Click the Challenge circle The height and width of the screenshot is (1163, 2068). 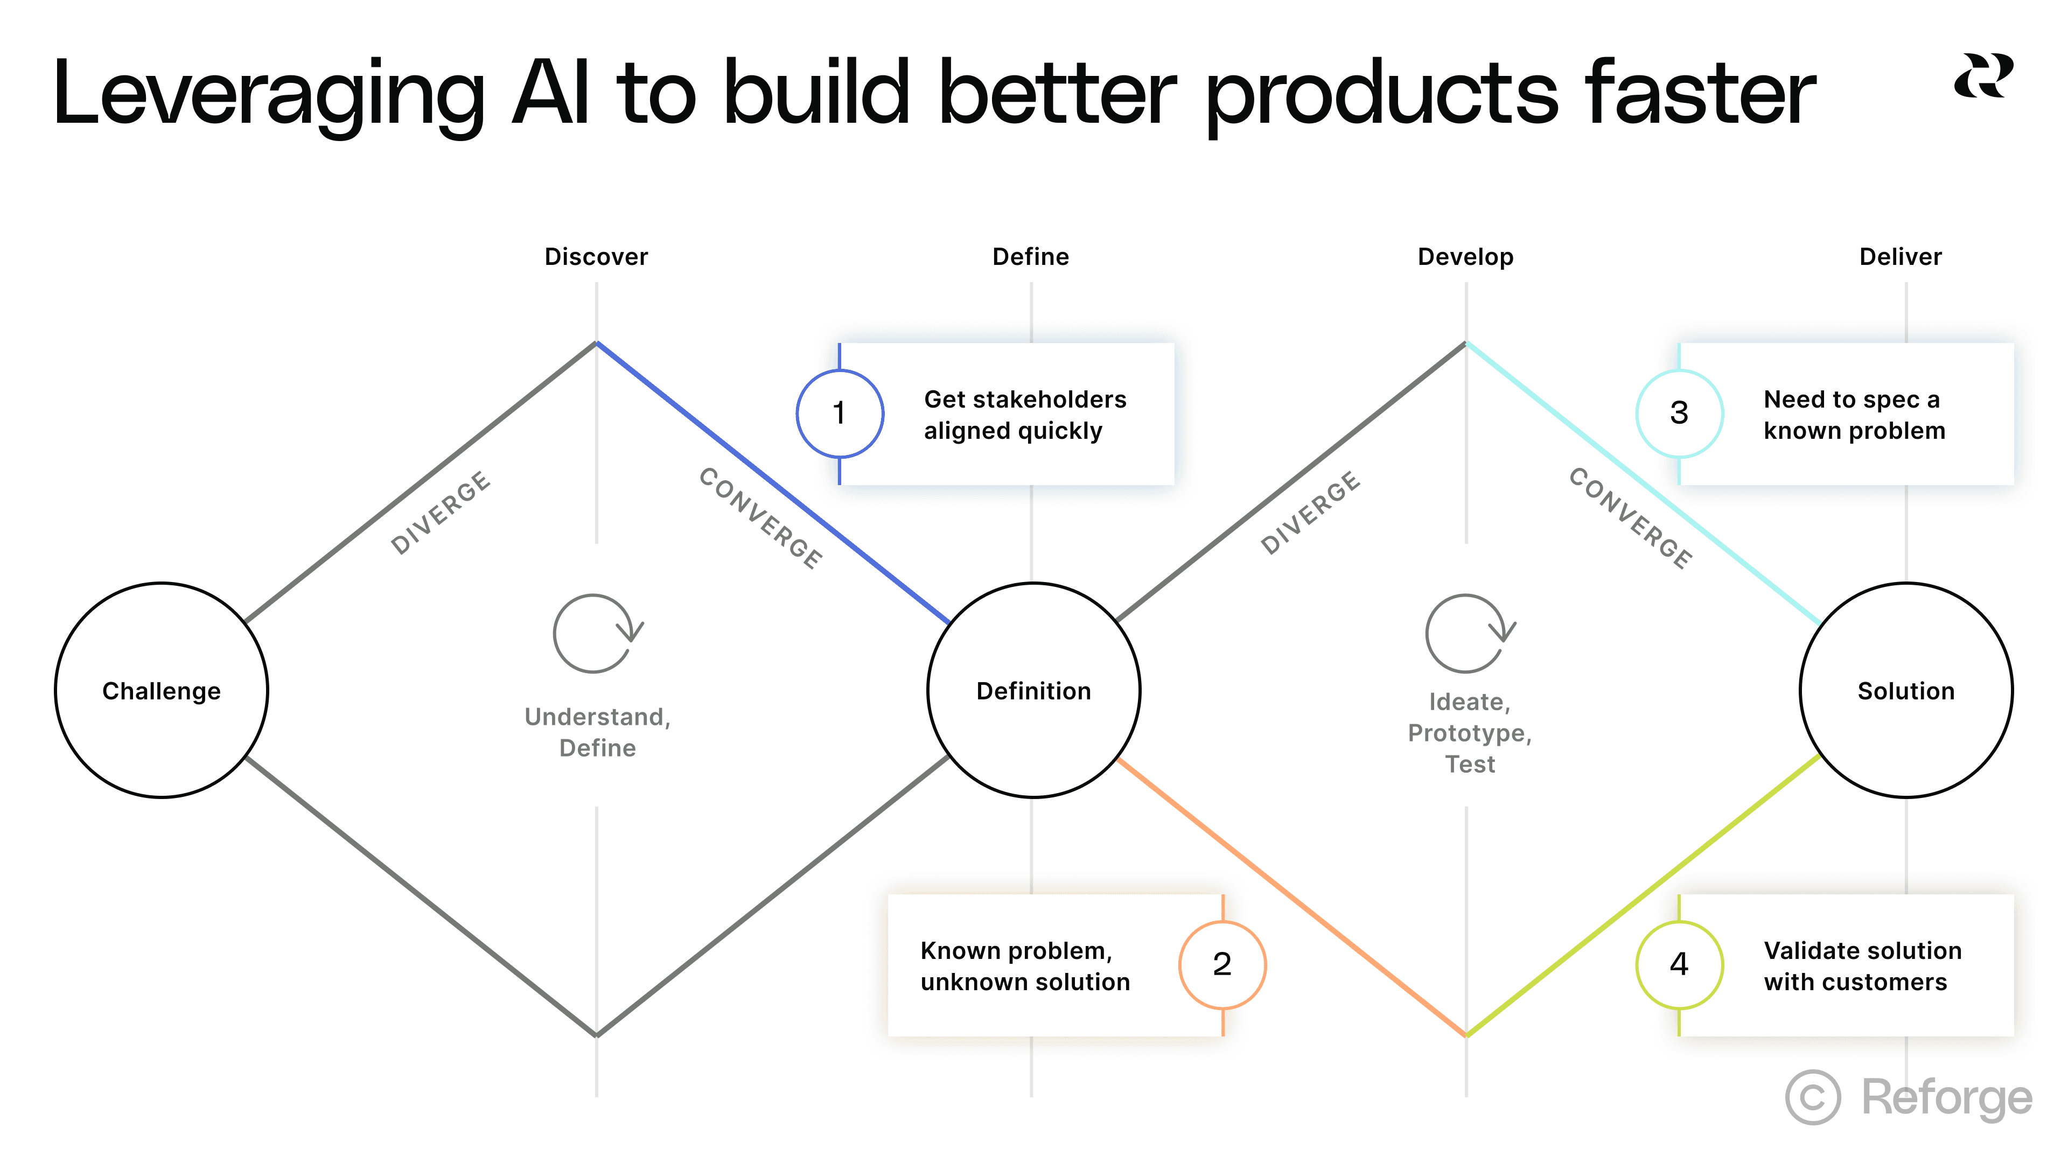pos(162,690)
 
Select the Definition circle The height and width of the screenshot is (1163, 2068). pos(1033,690)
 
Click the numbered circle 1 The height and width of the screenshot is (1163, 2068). pos(840,414)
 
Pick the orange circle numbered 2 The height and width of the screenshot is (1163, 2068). pos(1222,964)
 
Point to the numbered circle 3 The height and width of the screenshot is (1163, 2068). pos(1679,414)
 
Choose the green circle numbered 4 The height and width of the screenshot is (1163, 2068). pos(1679,964)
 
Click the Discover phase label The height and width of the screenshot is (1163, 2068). pos(596,257)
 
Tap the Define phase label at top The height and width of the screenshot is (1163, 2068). pos(1031,257)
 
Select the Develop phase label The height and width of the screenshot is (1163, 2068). pos(1465,257)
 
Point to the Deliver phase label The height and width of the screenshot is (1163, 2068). pos(1900,257)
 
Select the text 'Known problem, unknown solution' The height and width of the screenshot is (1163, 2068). pos(1024,966)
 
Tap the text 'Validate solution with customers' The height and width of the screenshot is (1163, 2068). pos(1862,966)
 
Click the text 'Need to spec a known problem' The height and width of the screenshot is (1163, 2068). pos(1854,415)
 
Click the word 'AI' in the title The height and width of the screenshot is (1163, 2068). pos(551,94)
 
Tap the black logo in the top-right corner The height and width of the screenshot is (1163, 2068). pos(1983,76)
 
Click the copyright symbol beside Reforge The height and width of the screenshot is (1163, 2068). pos(1813,1097)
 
